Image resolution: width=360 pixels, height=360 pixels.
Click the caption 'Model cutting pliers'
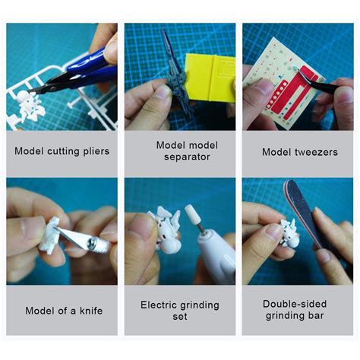tap(62, 151)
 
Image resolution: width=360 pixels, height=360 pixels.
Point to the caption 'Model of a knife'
tap(62, 310)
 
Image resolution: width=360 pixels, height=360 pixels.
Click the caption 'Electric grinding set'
tap(179, 310)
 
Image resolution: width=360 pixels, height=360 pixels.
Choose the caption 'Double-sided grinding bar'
tap(297, 310)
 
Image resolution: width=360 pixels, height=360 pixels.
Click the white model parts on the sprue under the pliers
tap(30, 103)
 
